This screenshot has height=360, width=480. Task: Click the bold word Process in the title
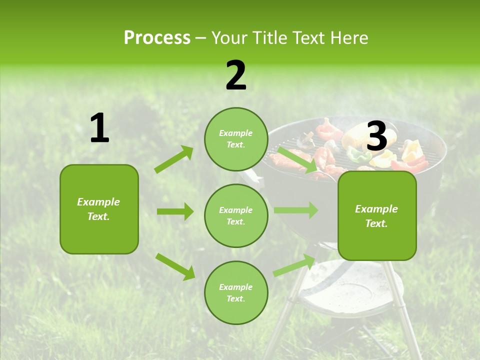(157, 37)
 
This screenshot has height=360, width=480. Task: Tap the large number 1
(99, 128)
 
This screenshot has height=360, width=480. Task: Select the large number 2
(236, 75)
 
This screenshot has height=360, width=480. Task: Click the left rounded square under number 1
(99, 209)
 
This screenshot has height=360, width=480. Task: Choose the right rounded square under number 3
(377, 215)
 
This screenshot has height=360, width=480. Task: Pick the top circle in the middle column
(236, 139)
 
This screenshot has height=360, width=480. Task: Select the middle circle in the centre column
(236, 215)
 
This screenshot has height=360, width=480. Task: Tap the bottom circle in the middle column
(236, 292)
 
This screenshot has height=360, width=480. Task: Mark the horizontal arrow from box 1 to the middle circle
(175, 211)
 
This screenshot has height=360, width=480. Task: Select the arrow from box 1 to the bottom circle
(175, 266)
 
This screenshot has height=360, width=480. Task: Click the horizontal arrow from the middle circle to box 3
(295, 210)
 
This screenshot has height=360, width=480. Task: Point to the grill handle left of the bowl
(252, 178)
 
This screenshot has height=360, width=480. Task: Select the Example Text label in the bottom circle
(236, 292)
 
